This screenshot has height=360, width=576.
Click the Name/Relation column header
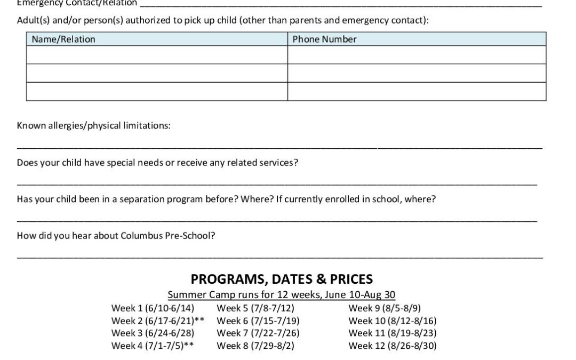(x=63, y=39)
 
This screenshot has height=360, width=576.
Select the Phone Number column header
(x=324, y=39)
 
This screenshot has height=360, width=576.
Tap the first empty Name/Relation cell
(x=157, y=55)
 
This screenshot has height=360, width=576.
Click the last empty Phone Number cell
(x=417, y=91)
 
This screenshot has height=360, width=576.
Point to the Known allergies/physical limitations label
(x=94, y=126)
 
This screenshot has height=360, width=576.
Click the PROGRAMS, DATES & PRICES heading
(x=282, y=279)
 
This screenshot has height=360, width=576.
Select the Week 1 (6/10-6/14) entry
(x=153, y=308)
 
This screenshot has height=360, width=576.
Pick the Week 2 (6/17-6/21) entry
(x=158, y=321)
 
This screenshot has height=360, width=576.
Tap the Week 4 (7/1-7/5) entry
(x=152, y=346)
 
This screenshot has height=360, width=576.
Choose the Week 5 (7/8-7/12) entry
(x=255, y=308)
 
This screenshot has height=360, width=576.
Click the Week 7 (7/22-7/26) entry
(x=258, y=333)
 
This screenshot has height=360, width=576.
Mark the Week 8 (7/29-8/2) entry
(x=255, y=346)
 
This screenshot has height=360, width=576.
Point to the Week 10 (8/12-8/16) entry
(x=393, y=321)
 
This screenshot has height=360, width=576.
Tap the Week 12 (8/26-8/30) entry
(x=393, y=346)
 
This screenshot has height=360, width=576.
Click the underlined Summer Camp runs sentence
(x=282, y=295)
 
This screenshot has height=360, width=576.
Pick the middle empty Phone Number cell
(x=417, y=73)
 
